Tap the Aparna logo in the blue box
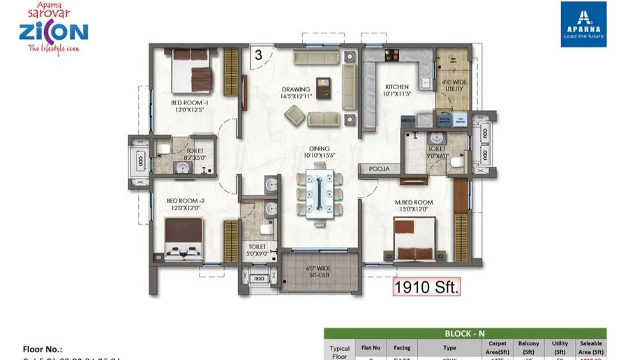583,24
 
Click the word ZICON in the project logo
54,31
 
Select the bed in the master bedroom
416,240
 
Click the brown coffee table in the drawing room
323,89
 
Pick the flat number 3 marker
258,54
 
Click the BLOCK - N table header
465,333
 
